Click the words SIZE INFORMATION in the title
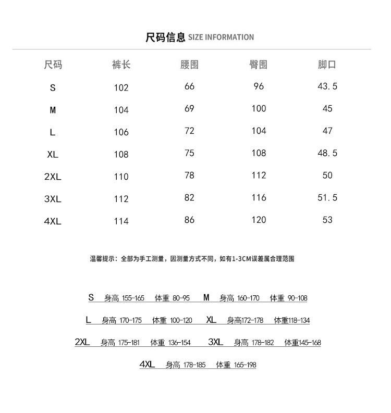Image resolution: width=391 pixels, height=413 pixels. (221, 37)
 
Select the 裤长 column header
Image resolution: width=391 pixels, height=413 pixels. (121, 65)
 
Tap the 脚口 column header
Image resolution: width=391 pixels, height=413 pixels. (327, 65)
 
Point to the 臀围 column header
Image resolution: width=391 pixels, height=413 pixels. (259, 65)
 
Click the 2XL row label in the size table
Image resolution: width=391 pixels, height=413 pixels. (53, 177)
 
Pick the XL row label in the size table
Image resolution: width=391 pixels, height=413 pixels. (53, 154)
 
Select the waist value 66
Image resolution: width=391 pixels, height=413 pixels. (189, 86)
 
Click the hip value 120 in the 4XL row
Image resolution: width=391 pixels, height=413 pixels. (259, 220)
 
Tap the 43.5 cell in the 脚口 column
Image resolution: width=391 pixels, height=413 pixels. (327, 86)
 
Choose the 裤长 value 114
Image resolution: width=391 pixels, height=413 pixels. (121, 221)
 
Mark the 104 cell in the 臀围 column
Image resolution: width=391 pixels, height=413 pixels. (259, 131)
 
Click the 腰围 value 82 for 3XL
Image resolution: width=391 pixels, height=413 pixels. (189, 197)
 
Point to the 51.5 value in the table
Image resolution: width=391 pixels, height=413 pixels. (327, 197)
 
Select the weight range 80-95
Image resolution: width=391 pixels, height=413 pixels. (181, 298)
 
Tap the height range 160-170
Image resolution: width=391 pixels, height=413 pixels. (248, 298)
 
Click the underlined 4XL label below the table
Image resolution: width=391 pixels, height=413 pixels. (148, 365)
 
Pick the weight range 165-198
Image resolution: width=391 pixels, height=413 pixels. (245, 365)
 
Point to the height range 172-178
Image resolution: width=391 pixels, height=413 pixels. (252, 320)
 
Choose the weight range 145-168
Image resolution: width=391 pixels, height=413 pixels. (310, 343)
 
